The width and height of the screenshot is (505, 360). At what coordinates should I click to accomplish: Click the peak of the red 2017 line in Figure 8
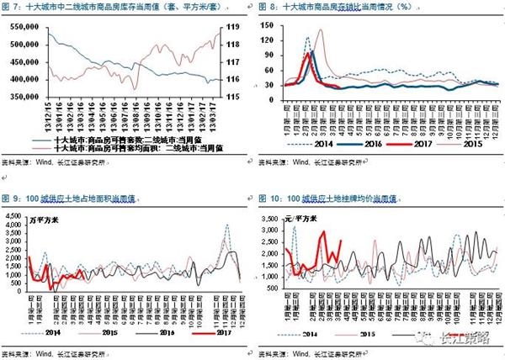pos(312,52)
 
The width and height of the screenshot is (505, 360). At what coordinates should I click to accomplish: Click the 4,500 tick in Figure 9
pos(16,214)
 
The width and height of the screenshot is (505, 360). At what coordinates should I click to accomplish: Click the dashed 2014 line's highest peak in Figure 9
pos(227,225)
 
